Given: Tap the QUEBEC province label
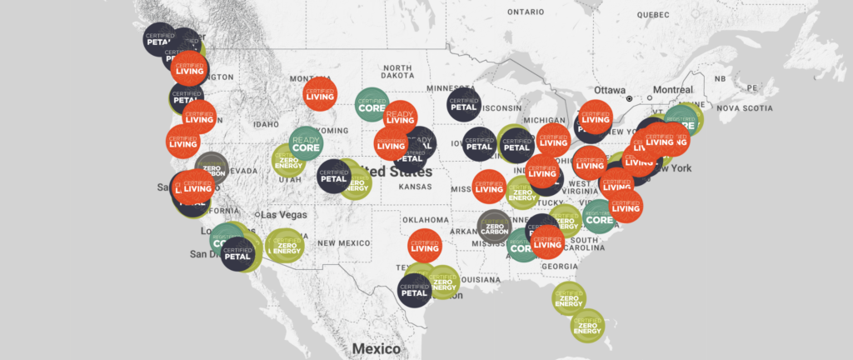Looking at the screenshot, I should tap(654, 15).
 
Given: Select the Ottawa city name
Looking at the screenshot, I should tap(609, 90).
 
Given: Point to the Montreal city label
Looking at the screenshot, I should tap(673, 90).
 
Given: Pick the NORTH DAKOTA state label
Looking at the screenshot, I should tap(397, 72).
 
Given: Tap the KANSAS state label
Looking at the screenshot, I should tap(414, 187).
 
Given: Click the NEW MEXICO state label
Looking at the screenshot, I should tap(342, 242).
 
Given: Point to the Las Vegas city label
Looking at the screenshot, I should tap(284, 214).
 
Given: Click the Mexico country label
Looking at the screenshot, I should tap(377, 348).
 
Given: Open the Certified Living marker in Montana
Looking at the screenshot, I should tap(320, 97).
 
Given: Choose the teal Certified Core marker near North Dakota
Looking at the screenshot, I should tap(372, 105).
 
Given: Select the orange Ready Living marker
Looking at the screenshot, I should tap(399, 117).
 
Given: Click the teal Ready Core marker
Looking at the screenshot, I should tap(306, 143).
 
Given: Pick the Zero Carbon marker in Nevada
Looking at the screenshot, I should tap(211, 169).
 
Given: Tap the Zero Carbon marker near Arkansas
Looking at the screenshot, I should tap(495, 227).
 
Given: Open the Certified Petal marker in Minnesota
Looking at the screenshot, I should tap(463, 103).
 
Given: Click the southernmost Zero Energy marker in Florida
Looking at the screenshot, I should tap(588, 325).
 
